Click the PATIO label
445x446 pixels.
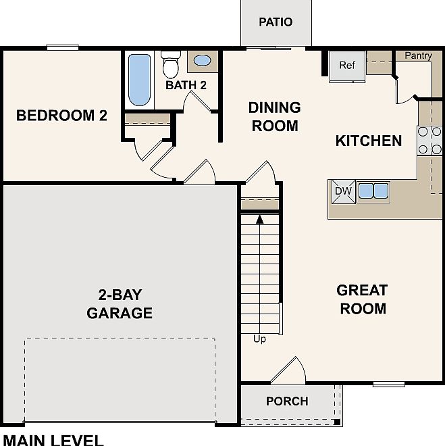point(276,22)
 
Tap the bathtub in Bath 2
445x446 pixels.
point(139,80)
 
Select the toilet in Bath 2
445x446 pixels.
point(170,66)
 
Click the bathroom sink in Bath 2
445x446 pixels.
point(202,61)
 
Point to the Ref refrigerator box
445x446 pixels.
point(347,66)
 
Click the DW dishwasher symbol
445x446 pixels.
point(343,191)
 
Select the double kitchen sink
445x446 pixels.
point(373,191)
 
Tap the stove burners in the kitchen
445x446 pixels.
point(429,141)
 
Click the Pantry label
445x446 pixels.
point(418,56)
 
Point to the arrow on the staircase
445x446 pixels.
point(259,219)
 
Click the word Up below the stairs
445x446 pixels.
point(259,339)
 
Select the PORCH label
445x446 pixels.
point(287,401)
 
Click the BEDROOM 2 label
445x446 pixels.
point(61,116)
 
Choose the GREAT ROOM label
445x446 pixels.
point(362,299)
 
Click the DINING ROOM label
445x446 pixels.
point(274,116)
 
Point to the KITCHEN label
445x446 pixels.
point(369,141)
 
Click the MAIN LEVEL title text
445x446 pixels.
point(53,441)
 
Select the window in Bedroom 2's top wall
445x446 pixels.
point(63,47)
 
